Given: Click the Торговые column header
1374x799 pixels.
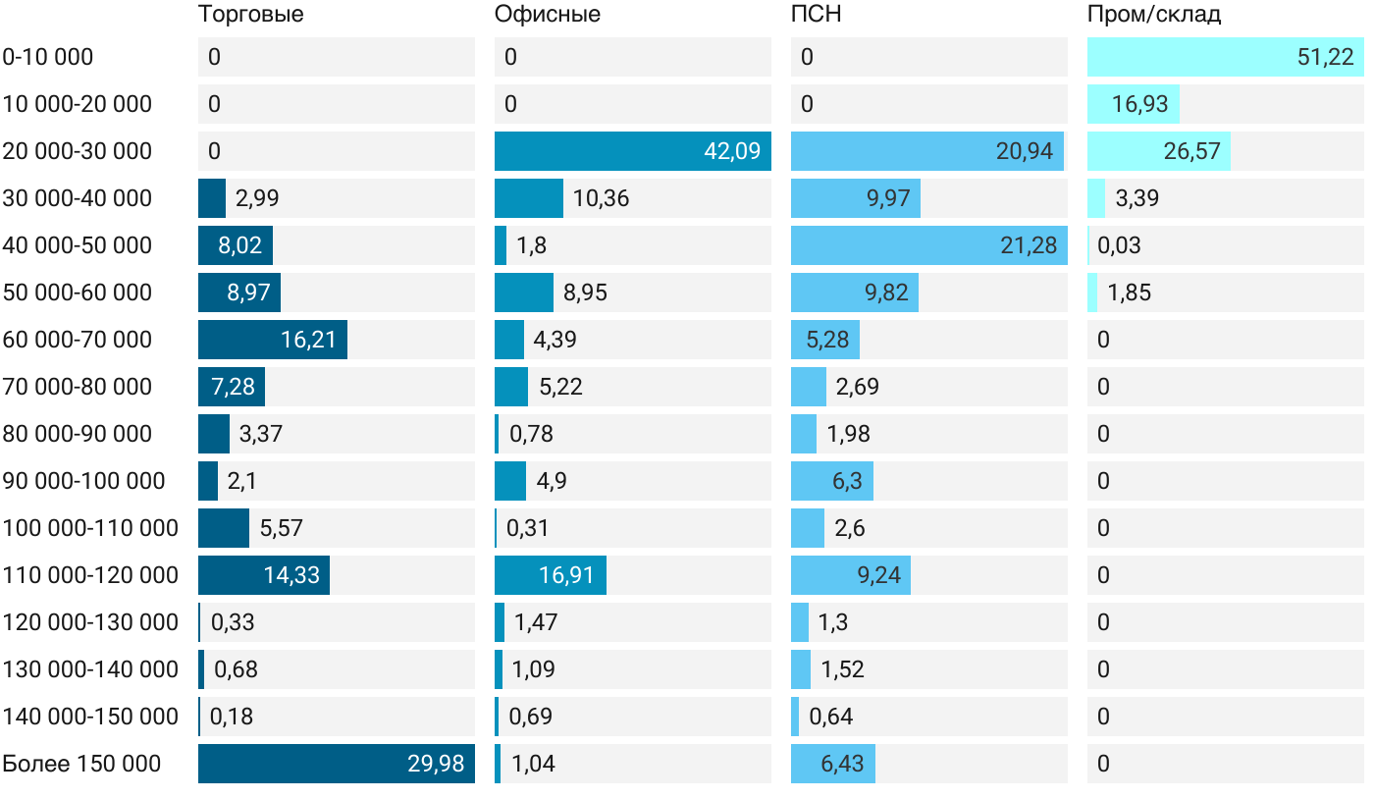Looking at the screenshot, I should pyautogui.click(x=250, y=15).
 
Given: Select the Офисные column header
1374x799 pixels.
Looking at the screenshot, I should pyautogui.click(x=548, y=15).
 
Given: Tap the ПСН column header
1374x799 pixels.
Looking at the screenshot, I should pyautogui.click(x=816, y=15).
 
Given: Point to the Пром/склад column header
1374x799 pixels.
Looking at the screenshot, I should pyautogui.click(x=1154, y=15).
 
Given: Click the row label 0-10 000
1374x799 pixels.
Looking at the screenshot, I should pyautogui.click(x=48, y=57).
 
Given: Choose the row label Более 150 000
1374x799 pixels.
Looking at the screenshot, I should pyautogui.click(x=81, y=764).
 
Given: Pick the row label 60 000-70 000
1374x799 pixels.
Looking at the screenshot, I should pyautogui.click(x=78, y=340).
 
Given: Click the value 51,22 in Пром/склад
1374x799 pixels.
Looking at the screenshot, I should pyautogui.click(x=1325, y=57).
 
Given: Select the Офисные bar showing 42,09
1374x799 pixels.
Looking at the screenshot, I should pyautogui.click(x=632, y=151).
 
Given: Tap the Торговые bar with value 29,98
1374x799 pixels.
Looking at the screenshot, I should pyautogui.click(x=336, y=764).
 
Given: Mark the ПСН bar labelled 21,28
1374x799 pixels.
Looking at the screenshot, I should pyautogui.click(x=927, y=245).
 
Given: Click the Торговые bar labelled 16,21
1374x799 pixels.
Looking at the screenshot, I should pyautogui.click(x=272, y=340).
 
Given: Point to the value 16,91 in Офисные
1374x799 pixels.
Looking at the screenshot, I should pyautogui.click(x=566, y=575).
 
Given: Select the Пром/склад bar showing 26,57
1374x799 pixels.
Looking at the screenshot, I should pyautogui.click(x=1158, y=151).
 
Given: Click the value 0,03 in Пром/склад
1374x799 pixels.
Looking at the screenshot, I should pyautogui.click(x=1119, y=245).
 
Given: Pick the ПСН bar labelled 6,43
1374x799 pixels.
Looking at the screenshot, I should pyautogui.click(x=832, y=764).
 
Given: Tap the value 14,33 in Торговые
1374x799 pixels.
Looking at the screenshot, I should pyautogui.click(x=291, y=575).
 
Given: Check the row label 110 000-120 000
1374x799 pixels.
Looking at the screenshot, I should pyautogui.click(x=90, y=575).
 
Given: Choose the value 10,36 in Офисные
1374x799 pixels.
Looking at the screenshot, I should pyautogui.click(x=601, y=198).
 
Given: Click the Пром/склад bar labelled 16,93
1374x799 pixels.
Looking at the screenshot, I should pyautogui.click(x=1133, y=104).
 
